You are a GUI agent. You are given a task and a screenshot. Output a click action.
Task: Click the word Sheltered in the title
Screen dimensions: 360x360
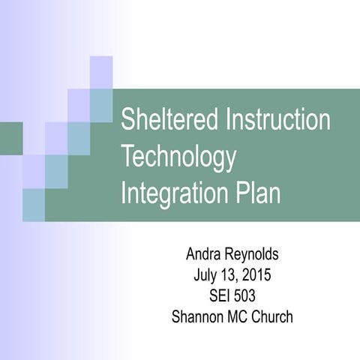(x=160, y=121)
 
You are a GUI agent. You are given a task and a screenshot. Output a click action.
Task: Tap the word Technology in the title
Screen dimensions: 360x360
(x=178, y=157)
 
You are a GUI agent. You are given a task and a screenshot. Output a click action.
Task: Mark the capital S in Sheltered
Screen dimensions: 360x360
(x=127, y=121)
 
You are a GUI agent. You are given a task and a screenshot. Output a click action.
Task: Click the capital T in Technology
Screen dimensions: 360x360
(x=127, y=157)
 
